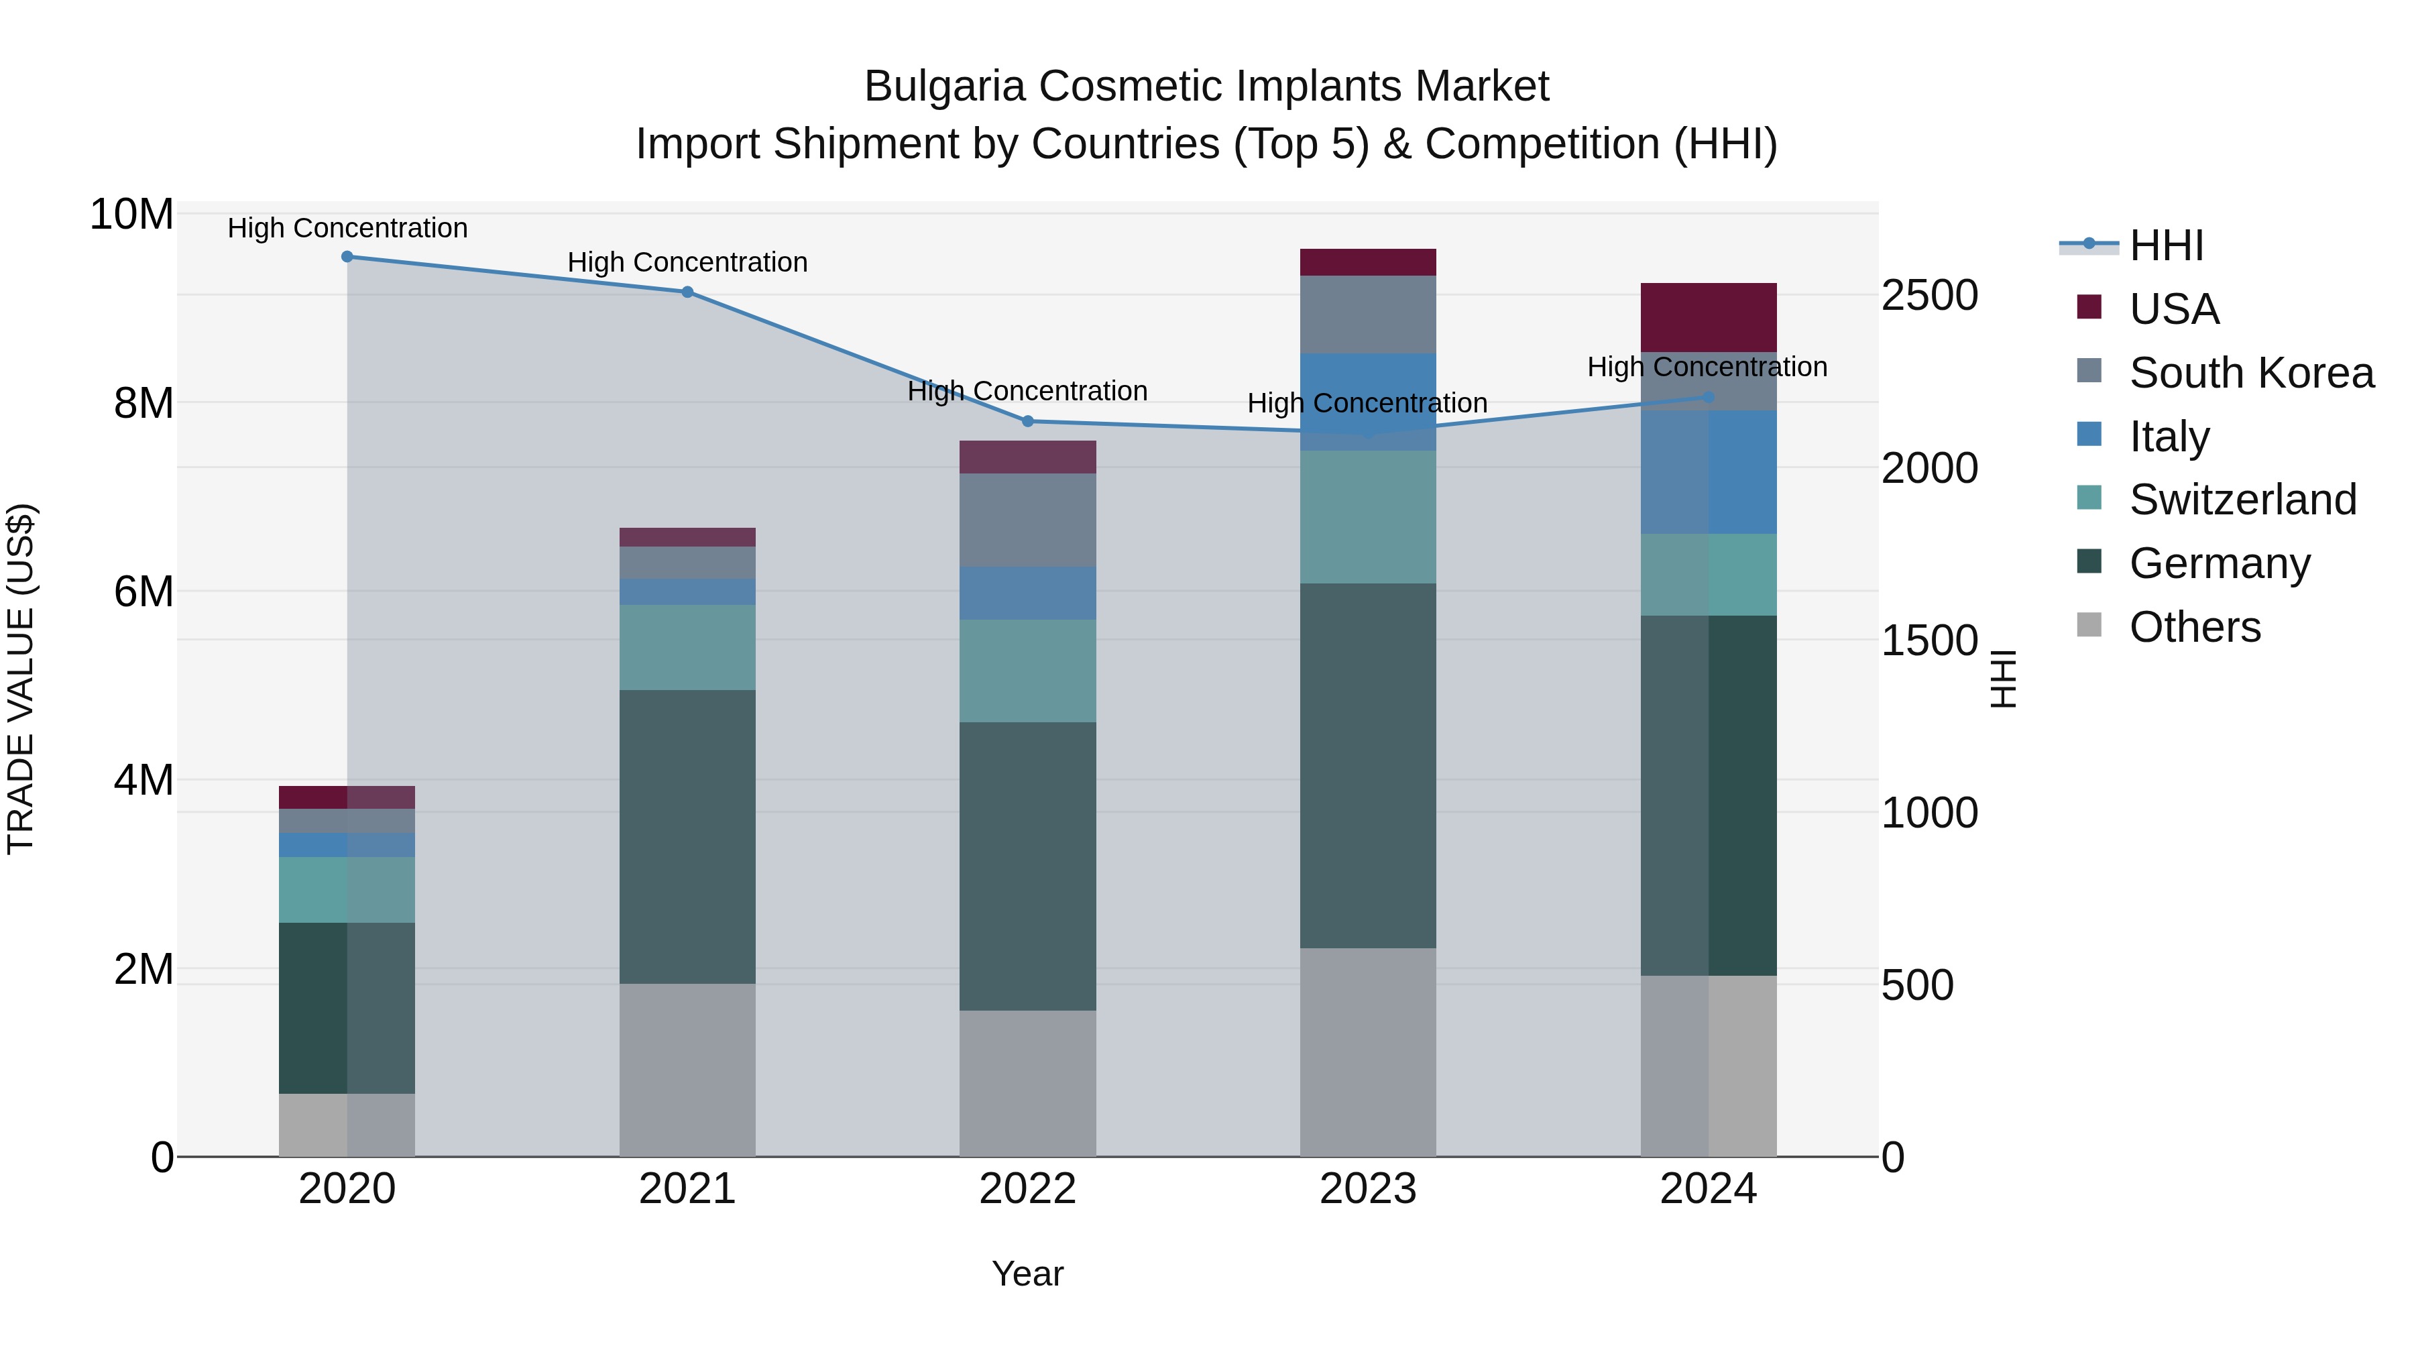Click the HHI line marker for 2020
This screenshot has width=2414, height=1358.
pyautogui.click(x=347, y=257)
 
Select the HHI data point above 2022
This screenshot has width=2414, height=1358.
pyautogui.click(x=1027, y=422)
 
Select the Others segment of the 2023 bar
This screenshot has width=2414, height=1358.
pyautogui.click(x=1367, y=1052)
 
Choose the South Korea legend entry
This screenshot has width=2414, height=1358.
pyautogui.click(x=2249, y=373)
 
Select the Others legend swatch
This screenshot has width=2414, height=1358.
pyautogui.click(x=2089, y=625)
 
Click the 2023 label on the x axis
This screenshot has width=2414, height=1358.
pyautogui.click(x=1367, y=1189)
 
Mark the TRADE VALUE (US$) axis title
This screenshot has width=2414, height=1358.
pyautogui.click(x=21, y=679)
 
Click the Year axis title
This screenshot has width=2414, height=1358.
pyautogui.click(x=1027, y=1274)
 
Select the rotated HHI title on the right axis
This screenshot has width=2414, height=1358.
pyautogui.click(x=2002, y=679)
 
